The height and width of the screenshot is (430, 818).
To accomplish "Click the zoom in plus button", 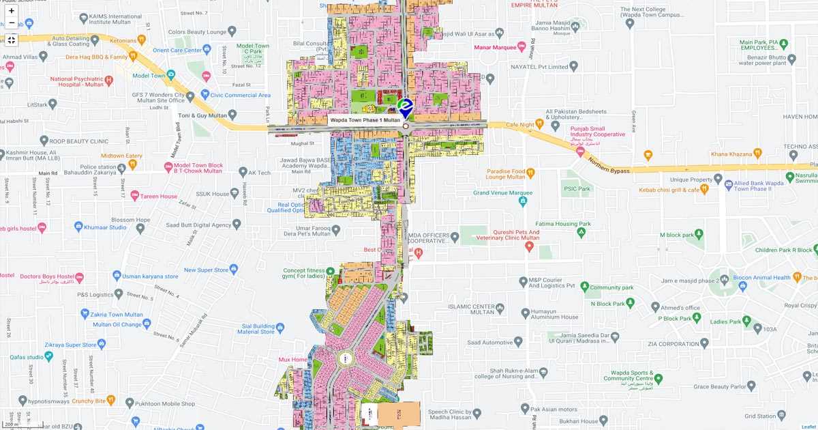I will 12,11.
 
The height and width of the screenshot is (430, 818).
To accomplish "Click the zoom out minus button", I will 12,23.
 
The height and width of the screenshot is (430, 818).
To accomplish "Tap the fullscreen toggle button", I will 12,40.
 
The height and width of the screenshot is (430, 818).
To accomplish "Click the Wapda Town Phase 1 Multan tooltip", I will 365,120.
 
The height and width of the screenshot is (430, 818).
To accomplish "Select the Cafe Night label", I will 521,125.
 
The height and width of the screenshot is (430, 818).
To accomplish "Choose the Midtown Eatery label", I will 121,156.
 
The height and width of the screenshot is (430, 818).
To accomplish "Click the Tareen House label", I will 159,197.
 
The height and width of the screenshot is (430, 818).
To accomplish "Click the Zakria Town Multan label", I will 117,315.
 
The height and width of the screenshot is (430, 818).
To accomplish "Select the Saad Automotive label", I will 490,342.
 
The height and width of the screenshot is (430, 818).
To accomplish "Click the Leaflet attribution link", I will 806,426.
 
